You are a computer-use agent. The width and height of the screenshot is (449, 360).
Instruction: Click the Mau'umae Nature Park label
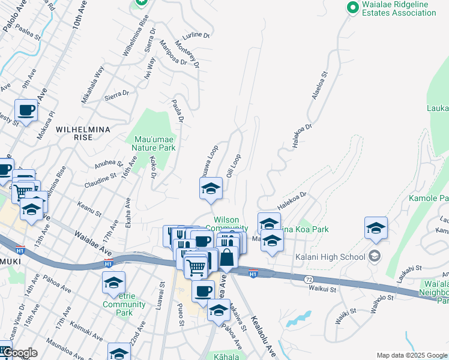click(x=154, y=143)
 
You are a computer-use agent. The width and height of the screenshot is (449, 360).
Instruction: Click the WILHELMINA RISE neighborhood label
click(x=82, y=133)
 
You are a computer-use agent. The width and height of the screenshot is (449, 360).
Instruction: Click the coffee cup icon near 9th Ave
click(x=26, y=111)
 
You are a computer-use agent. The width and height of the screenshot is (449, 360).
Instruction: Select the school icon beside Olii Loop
click(x=211, y=189)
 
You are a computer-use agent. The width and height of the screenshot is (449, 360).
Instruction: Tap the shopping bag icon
click(x=227, y=257)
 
